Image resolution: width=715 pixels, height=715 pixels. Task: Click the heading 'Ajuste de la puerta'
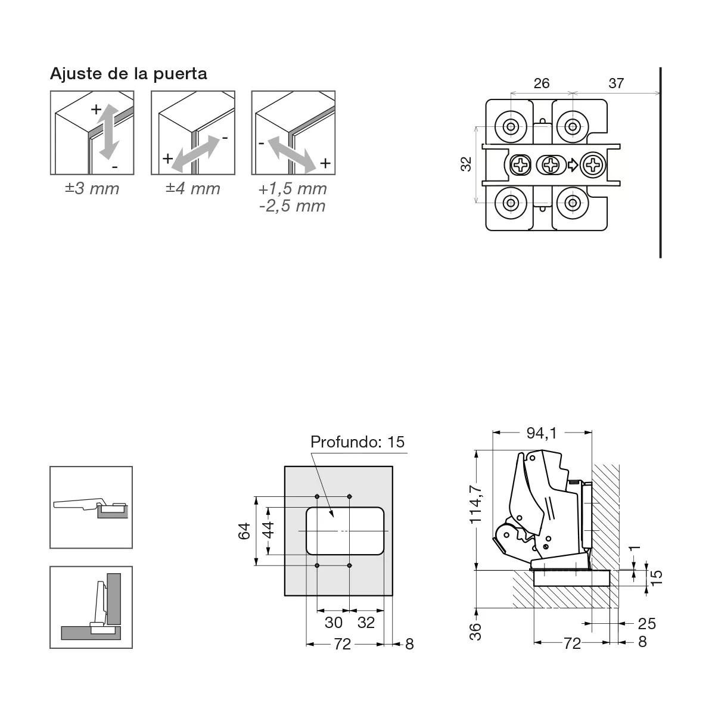pos(128,73)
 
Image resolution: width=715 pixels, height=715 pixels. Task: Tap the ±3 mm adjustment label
pos(92,189)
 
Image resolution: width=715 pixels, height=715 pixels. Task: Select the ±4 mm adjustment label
pos(193,189)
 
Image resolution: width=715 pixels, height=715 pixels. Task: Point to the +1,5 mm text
pos(293,189)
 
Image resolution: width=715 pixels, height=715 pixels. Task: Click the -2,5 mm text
pos(293,206)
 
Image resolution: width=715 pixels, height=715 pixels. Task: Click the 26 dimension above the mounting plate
pos(542,83)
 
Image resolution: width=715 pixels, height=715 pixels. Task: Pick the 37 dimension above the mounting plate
pos(616,83)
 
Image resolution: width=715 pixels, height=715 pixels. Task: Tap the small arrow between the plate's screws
pos(573,164)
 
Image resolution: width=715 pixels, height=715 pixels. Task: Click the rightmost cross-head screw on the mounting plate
pos(593,164)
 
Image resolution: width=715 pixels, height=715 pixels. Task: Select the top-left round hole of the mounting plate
pos(511,127)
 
